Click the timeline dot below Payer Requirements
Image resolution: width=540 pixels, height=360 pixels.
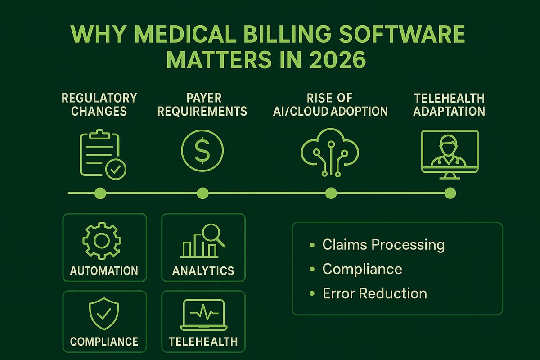tap(203, 193)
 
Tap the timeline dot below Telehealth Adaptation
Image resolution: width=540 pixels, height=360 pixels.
tap(450, 193)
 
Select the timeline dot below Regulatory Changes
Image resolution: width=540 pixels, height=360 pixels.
tap(100, 193)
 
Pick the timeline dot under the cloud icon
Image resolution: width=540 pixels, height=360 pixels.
tap(331, 193)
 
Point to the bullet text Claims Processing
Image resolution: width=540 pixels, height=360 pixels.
tap(383, 245)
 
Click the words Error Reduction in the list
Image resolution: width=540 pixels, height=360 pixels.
tap(374, 293)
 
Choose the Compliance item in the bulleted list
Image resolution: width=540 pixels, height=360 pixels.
tap(362, 269)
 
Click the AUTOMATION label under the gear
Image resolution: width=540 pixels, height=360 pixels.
tap(104, 271)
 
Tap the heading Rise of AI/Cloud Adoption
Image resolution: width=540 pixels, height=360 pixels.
tap(331, 104)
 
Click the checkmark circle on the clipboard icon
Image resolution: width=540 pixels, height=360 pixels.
tap(116, 169)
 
